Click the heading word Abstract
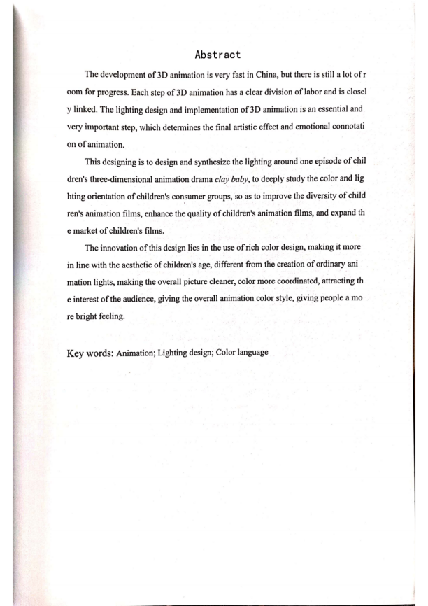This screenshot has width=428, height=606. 218,53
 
